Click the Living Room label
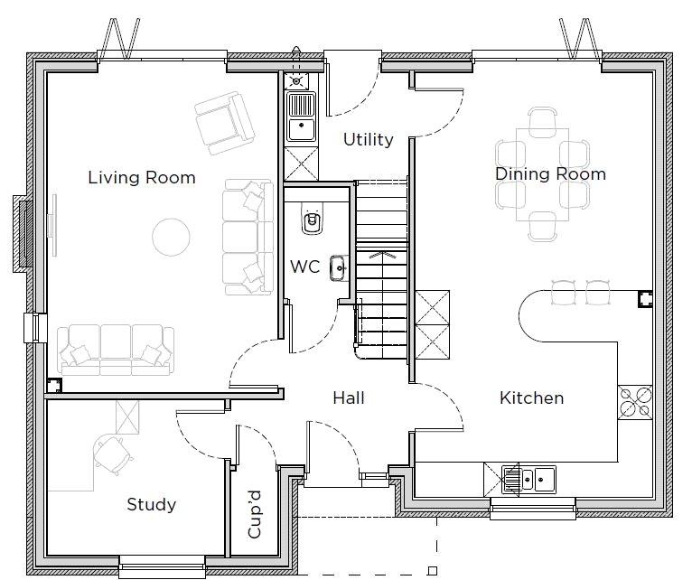[142, 177]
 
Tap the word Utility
[368, 139]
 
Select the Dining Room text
[550, 174]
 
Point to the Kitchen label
[531, 398]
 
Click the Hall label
[349, 398]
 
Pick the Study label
[152, 504]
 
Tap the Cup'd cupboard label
[255, 514]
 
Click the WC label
[305, 267]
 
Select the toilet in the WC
[313, 219]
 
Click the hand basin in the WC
[339, 268]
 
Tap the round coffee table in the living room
[172, 237]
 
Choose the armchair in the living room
[225, 123]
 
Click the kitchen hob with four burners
[635, 403]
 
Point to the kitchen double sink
[528, 479]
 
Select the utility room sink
[301, 116]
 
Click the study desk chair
[113, 455]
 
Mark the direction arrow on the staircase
[382, 255]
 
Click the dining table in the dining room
[542, 174]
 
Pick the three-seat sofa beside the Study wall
[116, 351]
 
